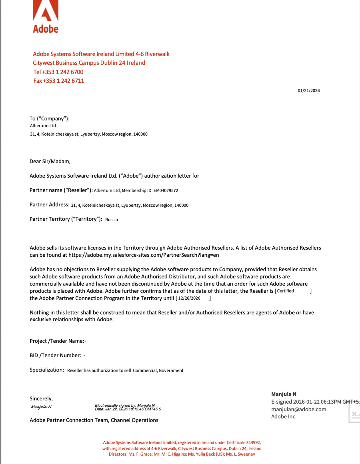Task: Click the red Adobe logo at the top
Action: pyautogui.click(x=46, y=17)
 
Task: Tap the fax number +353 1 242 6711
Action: pyautogui.click(x=63, y=81)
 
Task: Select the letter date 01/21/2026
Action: pyautogui.click(x=309, y=90)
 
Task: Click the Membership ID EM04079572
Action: pyautogui.click(x=164, y=191)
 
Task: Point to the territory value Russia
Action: pyautogui.click(x=112, y=220)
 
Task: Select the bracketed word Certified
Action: pyautogui.click(x=285, y=291)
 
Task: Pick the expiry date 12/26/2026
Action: pyautogui.click(x=189, y=298)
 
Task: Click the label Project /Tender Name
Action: pyautogui.click(x=57, y=341)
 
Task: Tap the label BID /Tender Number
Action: pyautogui.click(x=55, y=356)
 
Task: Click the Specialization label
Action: pyautogui.click(x=46, y=370)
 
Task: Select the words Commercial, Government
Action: pyautogui.click(x=158, y=371)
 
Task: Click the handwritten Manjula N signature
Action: pyautogui.click(x=41, y=407)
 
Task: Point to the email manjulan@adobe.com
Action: pyautogui.click(x=298, y=409)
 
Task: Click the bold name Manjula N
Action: pyautogui.click(x=284, y=394)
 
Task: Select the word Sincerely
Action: pyautogui.click(x=41, y=399)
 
